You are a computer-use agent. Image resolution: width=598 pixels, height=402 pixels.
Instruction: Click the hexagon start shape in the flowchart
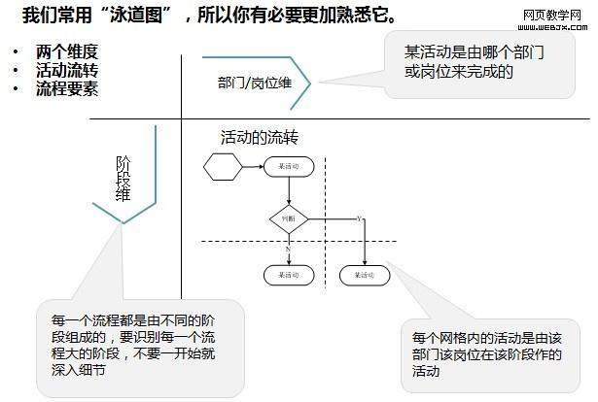[x=222, y=168]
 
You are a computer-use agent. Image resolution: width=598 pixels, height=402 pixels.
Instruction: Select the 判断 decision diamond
[x=288, y=220]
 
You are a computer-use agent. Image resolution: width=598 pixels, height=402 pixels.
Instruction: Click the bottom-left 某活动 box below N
[x=289, y=275]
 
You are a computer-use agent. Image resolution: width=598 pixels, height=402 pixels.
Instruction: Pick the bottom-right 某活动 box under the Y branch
[x=365, y=275]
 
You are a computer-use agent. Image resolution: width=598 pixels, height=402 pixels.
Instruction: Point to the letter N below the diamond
[x=289, y=250]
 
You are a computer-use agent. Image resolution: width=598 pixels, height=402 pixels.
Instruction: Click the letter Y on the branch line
[x=359, y=218]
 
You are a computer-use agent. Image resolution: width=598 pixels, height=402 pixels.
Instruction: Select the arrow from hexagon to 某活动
[x=251, y=168]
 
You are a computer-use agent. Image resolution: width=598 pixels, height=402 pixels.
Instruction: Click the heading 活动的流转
[x=259, y=138]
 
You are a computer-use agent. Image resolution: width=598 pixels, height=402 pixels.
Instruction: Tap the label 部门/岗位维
[x=254, y=82]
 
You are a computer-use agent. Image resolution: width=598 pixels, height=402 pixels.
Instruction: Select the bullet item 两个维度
[x=66, y=52]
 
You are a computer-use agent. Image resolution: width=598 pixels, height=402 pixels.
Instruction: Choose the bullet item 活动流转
[x=66, y=70]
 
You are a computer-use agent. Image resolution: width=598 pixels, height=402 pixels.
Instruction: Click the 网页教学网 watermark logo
[x=552, y=18]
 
